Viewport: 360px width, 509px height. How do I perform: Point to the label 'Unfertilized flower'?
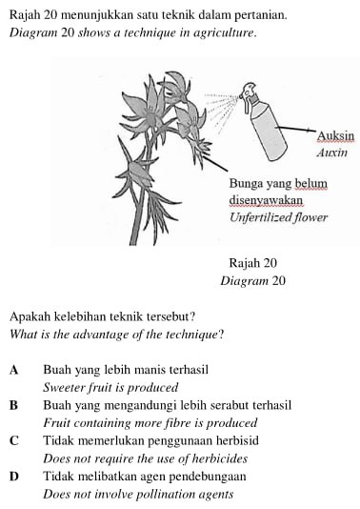click(278, 217)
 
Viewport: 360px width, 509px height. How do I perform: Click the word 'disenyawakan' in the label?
click(266, 200)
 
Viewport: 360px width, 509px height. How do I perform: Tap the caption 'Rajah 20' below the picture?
click(252, 263)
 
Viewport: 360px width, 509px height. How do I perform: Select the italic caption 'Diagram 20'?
click(252, 281)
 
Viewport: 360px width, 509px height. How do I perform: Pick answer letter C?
click(14, 441)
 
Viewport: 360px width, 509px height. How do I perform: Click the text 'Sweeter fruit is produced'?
click(110, 388)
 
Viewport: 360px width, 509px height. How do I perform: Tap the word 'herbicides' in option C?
click(206, 458)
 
